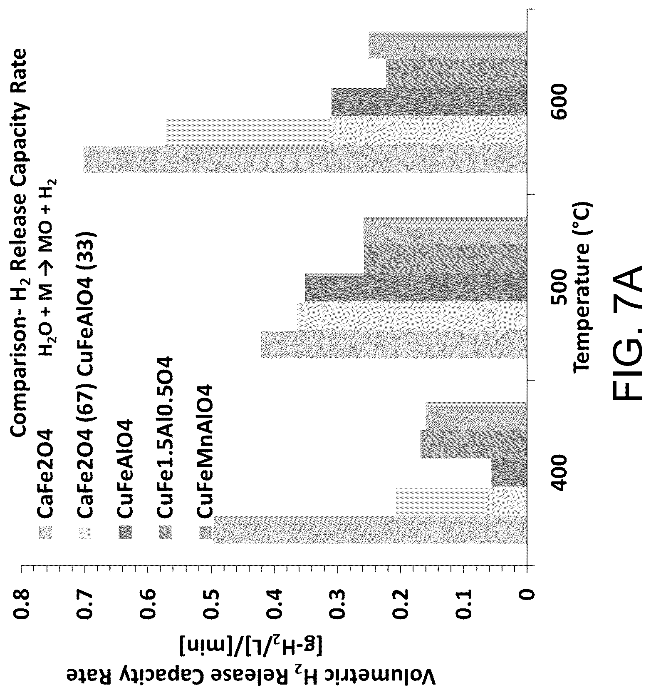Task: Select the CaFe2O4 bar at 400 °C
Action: point(371,530)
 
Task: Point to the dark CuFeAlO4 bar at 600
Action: point(429,102)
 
